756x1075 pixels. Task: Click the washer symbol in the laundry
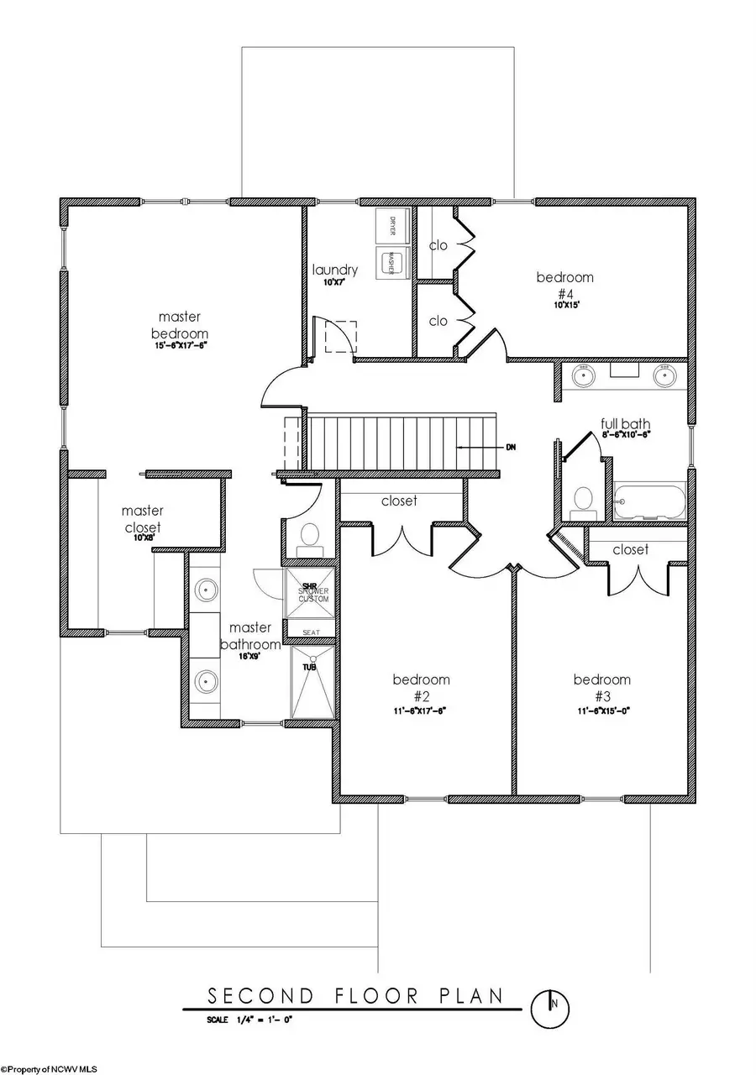391,261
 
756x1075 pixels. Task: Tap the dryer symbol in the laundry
391,224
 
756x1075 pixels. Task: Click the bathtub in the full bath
649,502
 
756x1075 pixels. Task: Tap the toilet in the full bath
581,502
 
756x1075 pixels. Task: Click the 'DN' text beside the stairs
510,447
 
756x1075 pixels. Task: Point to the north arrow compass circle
553,1005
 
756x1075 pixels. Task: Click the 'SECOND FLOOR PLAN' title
355,996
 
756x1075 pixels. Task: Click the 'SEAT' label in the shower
309,631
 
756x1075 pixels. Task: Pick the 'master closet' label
142,519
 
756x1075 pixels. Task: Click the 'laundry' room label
335,270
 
